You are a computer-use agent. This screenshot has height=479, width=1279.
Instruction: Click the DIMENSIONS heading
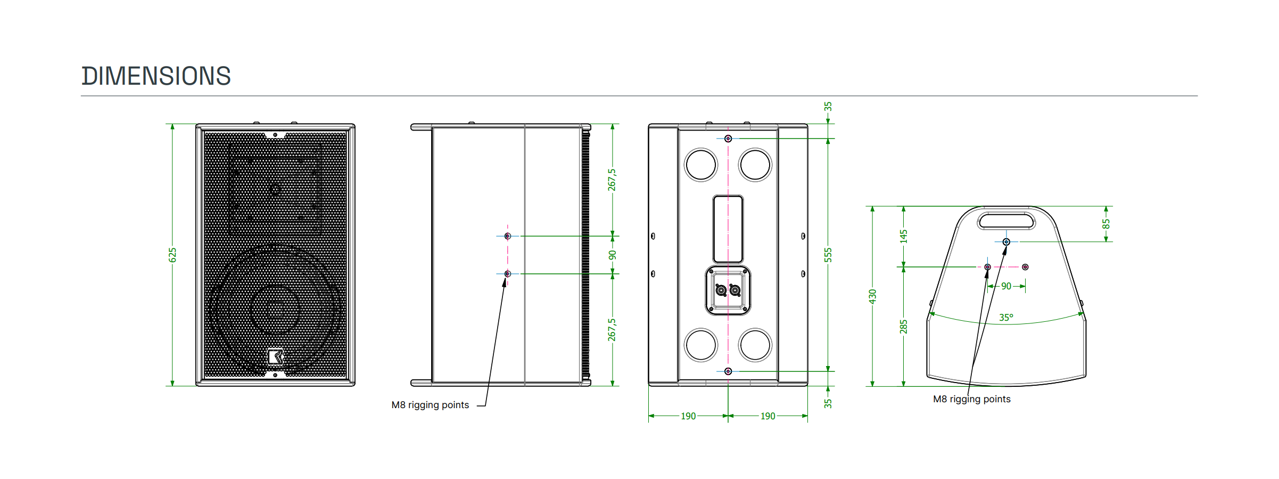(156, 76)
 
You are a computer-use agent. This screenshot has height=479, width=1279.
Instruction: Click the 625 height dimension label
(172, 255)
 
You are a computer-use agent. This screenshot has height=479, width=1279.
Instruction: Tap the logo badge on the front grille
(275, 356)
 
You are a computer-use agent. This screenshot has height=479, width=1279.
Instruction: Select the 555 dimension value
(828, 255)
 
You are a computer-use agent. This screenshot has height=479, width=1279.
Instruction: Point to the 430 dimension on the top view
(872, 297)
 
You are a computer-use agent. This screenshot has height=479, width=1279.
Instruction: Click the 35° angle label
(1006, 318)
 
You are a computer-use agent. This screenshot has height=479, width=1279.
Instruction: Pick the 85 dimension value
(1106, 224)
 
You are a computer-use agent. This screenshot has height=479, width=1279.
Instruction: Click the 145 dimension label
(903, 237)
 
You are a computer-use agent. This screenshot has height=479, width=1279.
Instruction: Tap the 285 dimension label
(903, 327)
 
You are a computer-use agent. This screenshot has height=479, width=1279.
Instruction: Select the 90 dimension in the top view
(1006, 286)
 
